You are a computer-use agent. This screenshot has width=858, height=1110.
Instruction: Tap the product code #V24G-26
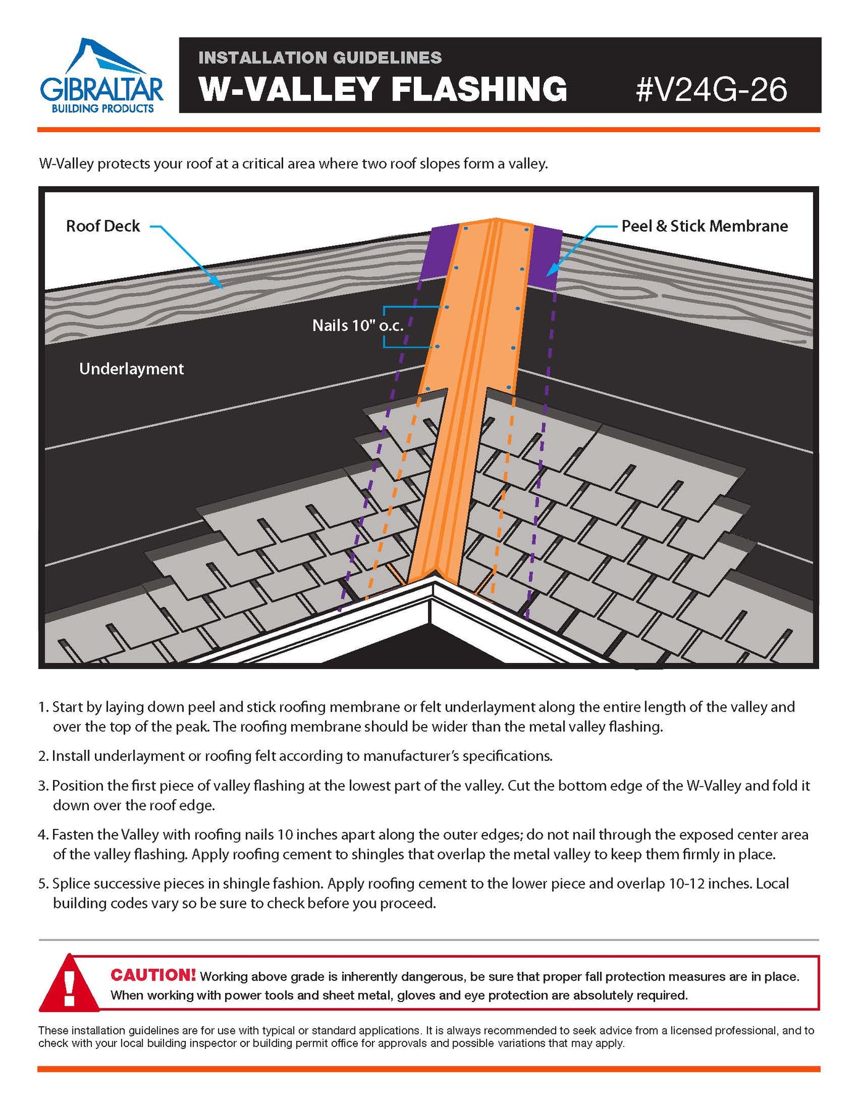[x=711, y=89]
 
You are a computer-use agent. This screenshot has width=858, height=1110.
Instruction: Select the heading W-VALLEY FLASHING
[x=382, y=89]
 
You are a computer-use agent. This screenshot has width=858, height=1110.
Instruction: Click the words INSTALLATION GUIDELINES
[x=320, y=58]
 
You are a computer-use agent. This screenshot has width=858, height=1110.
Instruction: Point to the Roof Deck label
[x=103, y=226]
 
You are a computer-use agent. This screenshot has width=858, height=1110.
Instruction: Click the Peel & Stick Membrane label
[x=704, y=226]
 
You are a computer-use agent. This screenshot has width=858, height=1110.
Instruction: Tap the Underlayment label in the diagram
[x=131, y=369]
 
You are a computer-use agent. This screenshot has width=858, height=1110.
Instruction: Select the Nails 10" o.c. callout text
[x=358, y=326]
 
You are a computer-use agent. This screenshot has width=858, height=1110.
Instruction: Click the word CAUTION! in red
[x=153, y=975]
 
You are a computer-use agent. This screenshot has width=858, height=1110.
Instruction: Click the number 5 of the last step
[x=42, y=884]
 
